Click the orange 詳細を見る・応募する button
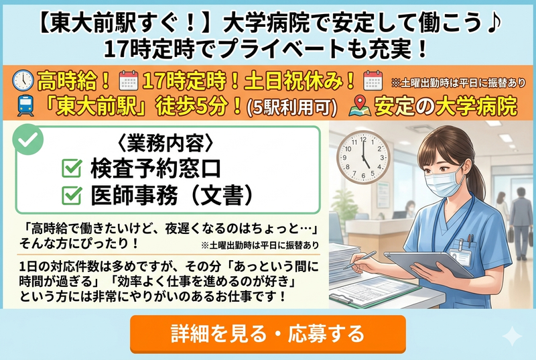267,333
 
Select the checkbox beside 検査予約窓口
72,168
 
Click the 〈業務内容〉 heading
164,143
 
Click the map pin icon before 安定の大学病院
359,105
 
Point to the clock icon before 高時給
23,80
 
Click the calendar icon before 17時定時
127,80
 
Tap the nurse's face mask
446,180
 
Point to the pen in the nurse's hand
362,260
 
